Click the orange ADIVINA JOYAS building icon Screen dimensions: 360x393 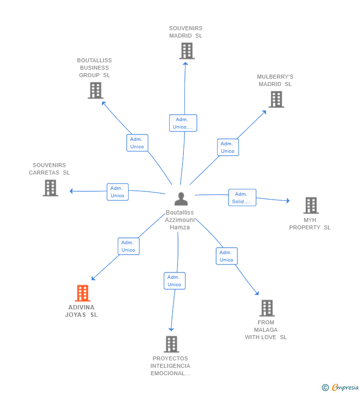(x=83, y=293)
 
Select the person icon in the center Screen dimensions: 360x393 (x=181, y=199)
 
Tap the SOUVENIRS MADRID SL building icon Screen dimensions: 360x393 (x=187, y=51)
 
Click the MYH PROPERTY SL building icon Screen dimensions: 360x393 (x=311, y=205)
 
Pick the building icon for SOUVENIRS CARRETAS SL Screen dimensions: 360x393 (x=50, y=188)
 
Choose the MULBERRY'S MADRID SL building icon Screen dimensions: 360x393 (x=276, y=99)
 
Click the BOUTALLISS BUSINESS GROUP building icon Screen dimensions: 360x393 (x=95, y=90)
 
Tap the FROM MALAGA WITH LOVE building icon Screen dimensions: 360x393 (x=267, y=308)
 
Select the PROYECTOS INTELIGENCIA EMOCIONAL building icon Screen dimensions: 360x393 (x=172, y=344)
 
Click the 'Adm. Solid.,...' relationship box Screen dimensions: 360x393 (x=242, y=198)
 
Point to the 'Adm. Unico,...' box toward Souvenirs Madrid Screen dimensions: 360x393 (x=183, y=123)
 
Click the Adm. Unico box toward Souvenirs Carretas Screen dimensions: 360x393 (x=118, y=192)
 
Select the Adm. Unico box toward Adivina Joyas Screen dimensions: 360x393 (x=129, y=246)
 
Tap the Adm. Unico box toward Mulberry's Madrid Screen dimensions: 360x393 (x=228, y=147)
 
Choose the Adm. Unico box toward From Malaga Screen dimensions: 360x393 (x=226, y=256)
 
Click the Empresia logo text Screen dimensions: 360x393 (x=345, y=387)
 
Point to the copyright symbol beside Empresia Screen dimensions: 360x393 (x=325, y=388)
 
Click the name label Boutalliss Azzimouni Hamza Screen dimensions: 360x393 (x=180, y=220)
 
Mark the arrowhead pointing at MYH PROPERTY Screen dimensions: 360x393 (x=288, y=201)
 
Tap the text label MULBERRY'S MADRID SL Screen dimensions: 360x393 (x=275, y=80)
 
